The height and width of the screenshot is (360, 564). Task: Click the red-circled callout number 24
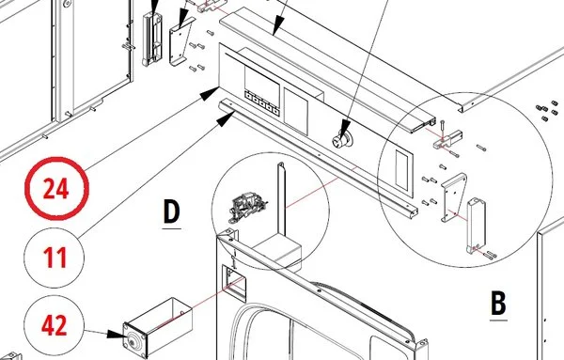click(x=56, y=188)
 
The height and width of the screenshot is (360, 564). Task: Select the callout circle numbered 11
click(x=55, y=258)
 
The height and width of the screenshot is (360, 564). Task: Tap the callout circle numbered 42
click(x=55, y=325)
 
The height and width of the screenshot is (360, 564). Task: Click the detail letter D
click(x=171, y=212)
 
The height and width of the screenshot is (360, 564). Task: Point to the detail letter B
click(x=498, y=304)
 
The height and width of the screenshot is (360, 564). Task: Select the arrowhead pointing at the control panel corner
click(x=210, y=93)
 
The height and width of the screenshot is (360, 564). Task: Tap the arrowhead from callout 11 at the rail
click(x=226, y=118)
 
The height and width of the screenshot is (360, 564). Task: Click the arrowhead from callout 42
click(x=117, y=334)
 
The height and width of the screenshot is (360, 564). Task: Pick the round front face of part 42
click(x=134, y=340)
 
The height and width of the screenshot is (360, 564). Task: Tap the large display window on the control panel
click(x=262, y=81)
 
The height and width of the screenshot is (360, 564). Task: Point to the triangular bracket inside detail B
click(x=454, y=197)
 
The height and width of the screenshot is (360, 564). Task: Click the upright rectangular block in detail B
click(x=476, y=226)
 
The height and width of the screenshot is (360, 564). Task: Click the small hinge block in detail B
click(x=447, y=139)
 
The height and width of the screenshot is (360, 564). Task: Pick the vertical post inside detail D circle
click(x=281, y=198)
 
